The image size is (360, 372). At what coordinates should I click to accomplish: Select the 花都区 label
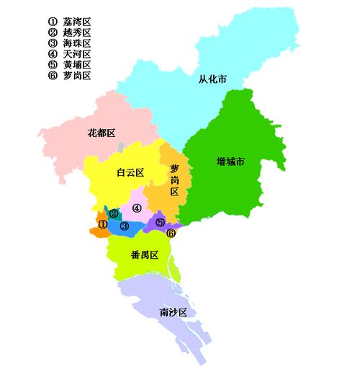point(102,133)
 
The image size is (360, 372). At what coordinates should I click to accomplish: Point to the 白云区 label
point(131,172)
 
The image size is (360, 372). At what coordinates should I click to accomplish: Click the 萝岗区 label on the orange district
point(174,180)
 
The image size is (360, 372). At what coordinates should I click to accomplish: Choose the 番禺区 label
point(144,254)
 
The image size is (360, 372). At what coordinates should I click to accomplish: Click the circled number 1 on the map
point(102,225)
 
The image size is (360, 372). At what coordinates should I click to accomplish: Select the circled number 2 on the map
point(114,213)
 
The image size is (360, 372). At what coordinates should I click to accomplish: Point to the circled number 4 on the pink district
point(136,208)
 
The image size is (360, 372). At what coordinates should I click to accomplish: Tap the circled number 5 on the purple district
point(160,222)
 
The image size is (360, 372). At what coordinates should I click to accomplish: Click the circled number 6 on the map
point(171,233)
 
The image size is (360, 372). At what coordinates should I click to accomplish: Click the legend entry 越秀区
point(78,32)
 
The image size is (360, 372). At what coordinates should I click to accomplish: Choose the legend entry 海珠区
point(78,43)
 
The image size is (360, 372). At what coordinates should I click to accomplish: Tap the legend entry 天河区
point(78,54)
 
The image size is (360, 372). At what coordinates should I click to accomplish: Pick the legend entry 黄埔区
point(78,65)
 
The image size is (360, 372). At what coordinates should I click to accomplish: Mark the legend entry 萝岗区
point(78,76)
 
